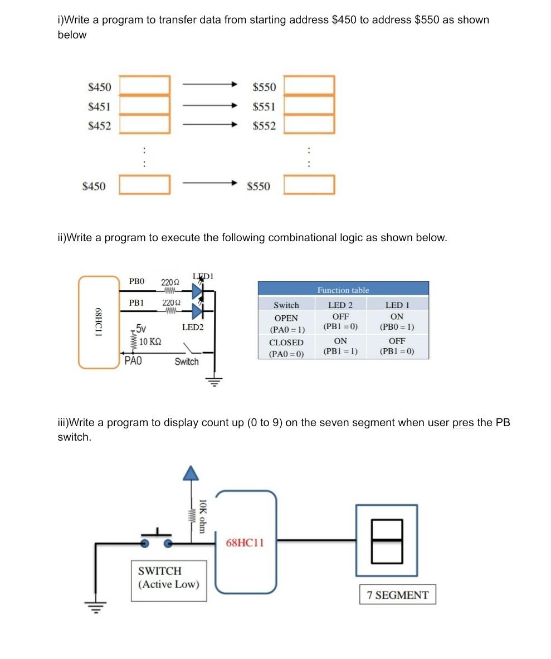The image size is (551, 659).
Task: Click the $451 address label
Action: (x=99, y=106)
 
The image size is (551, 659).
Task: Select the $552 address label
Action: (x=264, y=126)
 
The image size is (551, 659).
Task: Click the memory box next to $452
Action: (x=144, y=124)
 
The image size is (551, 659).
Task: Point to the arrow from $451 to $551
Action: (x=210, y=105)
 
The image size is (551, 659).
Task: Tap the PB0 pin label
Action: (x=136, y=281)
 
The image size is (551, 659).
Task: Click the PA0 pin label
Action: (x=133, y=361)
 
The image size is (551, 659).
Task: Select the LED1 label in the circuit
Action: (x=203, y=276)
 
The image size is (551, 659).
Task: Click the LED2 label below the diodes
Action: (x=193, y=327)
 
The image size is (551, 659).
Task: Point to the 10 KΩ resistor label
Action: (x=150, y=341)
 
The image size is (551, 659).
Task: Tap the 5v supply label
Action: (x=141, y=329)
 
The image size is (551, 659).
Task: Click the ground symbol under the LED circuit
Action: (x=214, y=382)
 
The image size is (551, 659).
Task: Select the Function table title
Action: (x=343, y=290)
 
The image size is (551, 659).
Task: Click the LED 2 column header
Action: (x=340, y=305)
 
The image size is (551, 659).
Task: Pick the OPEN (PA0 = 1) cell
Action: (x=286, y=323)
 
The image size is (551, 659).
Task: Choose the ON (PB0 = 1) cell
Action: (x=397, y=321)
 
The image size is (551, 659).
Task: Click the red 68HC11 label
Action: (x=245, y=543)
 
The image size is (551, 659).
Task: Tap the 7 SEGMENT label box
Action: (x=397, y=595)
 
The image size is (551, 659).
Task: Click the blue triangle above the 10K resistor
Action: (x=191, y=473)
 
